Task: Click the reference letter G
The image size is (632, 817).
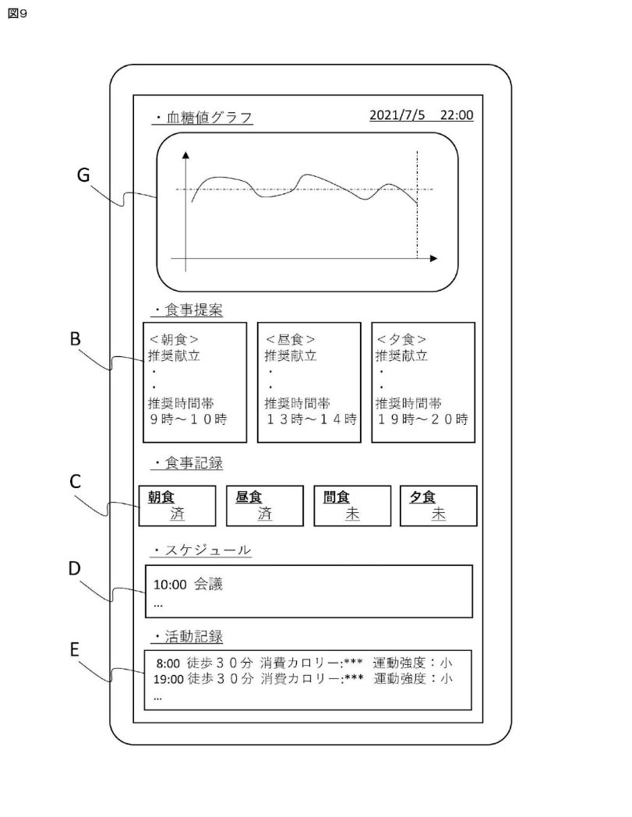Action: coord(83,175)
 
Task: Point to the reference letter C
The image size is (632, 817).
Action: coord(76,483)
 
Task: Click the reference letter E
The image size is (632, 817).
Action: coord(75,650)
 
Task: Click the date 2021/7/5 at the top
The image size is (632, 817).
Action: coord(398,115)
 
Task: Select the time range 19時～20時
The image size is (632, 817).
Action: coord(422,419)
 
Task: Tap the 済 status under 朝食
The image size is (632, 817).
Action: coord(178,515)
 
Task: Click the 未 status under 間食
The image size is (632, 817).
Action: coord(352,515)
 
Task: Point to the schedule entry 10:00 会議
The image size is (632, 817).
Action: coord(188,584)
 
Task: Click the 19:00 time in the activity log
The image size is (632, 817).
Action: coord(168,678)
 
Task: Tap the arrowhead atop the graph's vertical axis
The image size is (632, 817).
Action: coord(185,154)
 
